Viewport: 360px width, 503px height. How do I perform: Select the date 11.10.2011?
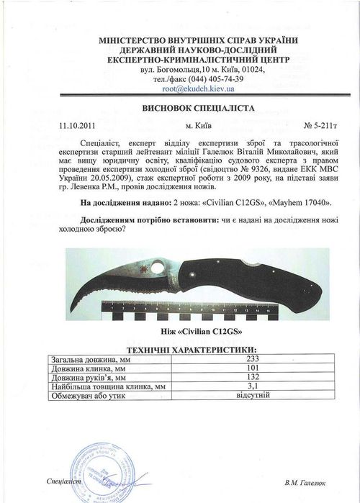76,124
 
